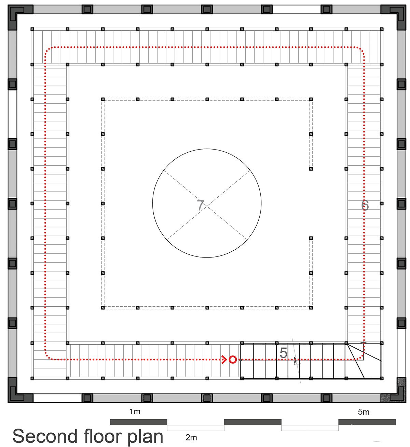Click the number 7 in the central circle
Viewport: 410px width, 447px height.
pyautogui.click(x=201, y=205)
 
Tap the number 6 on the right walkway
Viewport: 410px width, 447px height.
pyautogui.click(x=365, y=205)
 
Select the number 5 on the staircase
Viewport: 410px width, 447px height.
pyautogui.click(x=283, y=353)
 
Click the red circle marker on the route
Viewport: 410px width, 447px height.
pyautogui.click(x=233, y=360)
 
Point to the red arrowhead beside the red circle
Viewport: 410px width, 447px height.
pyautogui.click(x=224, y=360)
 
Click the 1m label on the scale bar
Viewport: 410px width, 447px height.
pyautogui.click(x=135, y=411)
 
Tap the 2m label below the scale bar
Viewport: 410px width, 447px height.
pyautogui.click(x=191, y=438)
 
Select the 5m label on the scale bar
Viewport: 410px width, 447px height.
pyautogui.click(x=364, y=412)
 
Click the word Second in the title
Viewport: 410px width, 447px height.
pyautogui.click(x=45, y=436)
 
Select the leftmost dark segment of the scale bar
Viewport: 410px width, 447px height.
pyautogui.click(x=139, y=422)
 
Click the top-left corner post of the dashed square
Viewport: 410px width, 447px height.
pyautogui.click(x=103, y=99)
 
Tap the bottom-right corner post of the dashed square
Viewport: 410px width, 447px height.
pyautogui.click(x=311, y=308)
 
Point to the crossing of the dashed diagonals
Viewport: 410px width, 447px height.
pyautogui.click(x=207, y=205)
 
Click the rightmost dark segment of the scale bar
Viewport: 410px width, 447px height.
pyautogui.click(x=367, y=422)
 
